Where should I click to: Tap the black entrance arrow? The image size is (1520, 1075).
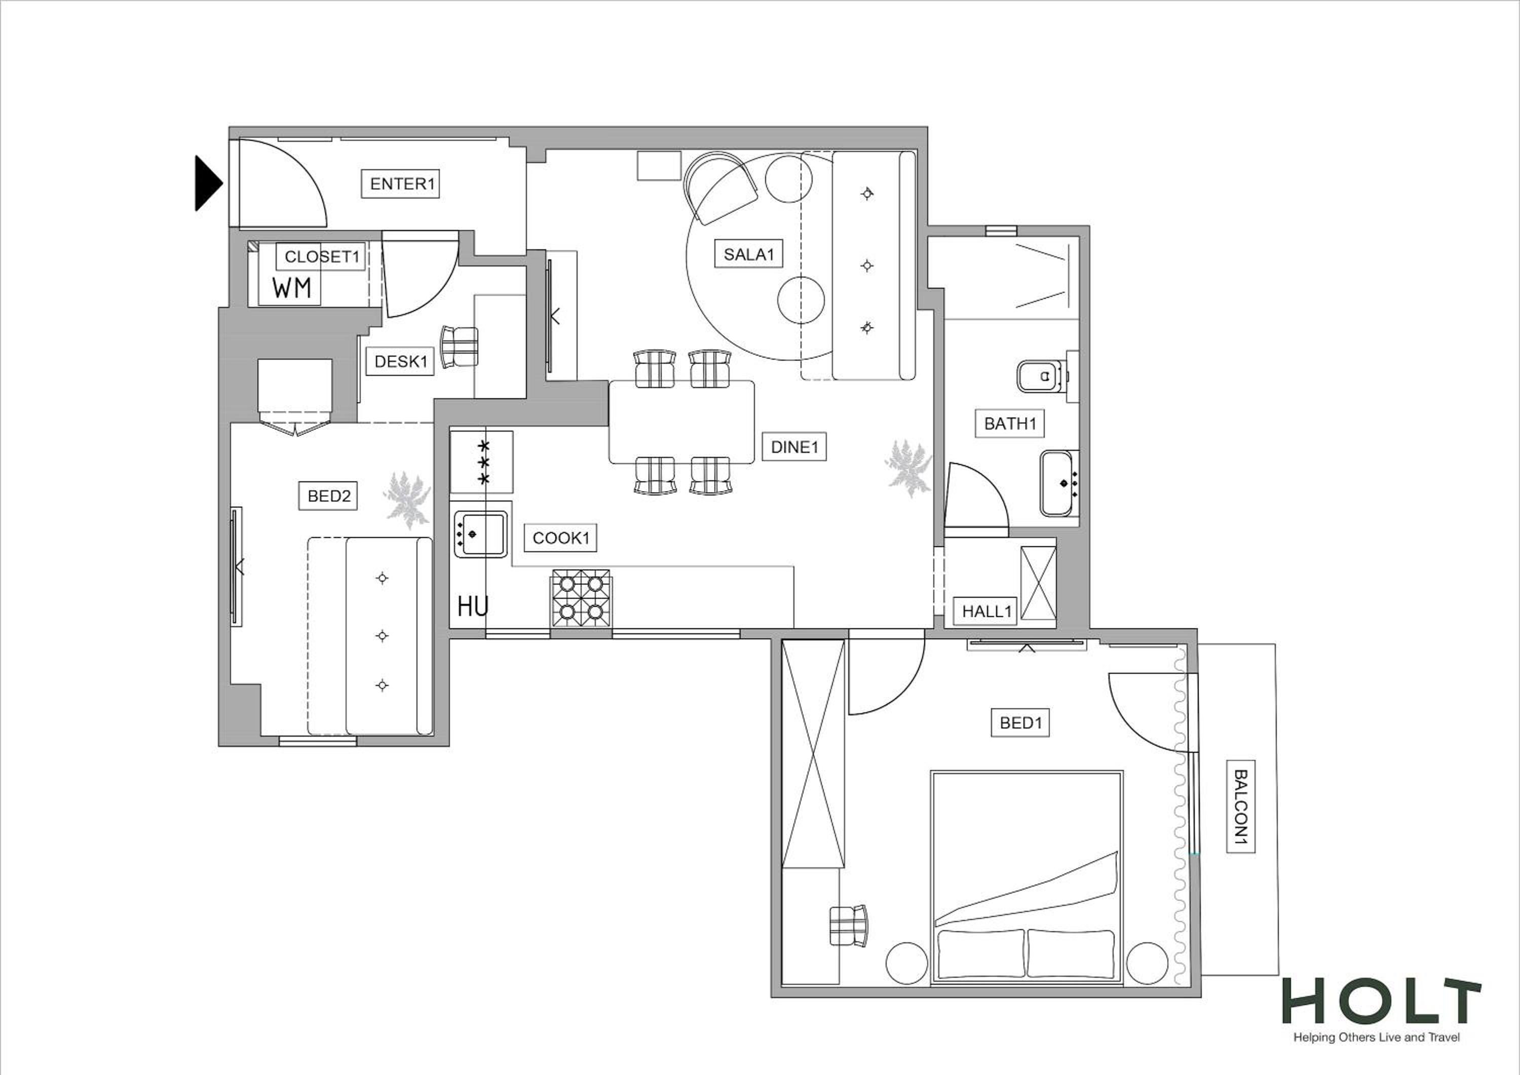(x=208, y=183)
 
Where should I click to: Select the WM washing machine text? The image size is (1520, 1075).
(x=291, y=288)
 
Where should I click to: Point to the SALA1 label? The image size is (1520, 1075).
(x=749, y=254)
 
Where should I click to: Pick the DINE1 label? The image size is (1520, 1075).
(x=794, y=447)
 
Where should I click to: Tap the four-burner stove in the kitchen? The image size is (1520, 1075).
(x=581, y=598)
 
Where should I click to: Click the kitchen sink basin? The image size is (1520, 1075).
(x=481, y=533)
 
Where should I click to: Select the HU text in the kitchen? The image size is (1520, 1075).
(x=473, y=606)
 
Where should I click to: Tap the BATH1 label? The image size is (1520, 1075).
(x=1010, y=424)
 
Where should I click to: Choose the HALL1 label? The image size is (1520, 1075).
(x=986, y=611)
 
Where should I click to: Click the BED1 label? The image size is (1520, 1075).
(x=1020, y=723)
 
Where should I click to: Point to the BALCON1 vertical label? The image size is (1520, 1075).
(x=1241, y=807)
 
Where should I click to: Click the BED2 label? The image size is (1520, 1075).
(x=328, y=496)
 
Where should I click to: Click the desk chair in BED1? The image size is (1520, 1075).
(x=848, y=926)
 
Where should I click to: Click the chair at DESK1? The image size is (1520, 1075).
(x=460, y=346)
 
